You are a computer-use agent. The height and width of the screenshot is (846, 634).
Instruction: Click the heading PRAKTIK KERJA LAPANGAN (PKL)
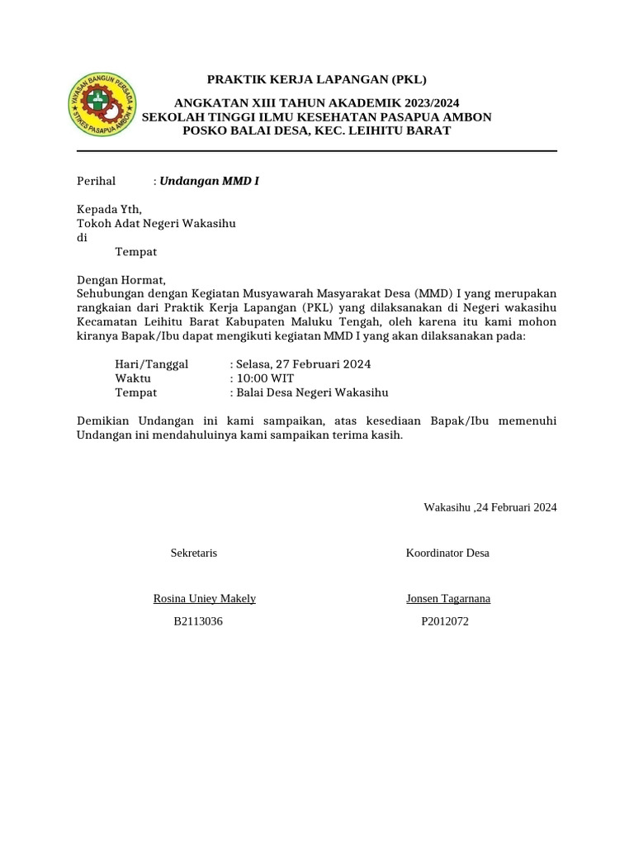316,80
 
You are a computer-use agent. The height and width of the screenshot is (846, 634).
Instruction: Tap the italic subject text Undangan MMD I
209,180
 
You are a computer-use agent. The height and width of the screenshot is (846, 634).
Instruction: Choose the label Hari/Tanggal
152,364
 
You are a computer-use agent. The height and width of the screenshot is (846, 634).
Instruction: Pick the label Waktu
133,378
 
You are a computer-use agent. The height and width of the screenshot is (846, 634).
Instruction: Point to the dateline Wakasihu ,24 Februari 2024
490,507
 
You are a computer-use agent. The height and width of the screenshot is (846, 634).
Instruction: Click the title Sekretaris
194,553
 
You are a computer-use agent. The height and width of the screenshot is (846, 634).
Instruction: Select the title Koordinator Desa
447,553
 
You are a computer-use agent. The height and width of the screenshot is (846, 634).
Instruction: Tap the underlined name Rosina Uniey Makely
205,599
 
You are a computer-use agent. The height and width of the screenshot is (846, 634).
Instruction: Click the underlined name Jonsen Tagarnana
448,599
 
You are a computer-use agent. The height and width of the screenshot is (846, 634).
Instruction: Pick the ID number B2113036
198,621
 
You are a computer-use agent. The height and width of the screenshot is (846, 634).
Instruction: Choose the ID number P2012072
445,621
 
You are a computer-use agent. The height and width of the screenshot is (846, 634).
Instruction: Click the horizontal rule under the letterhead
317,151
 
